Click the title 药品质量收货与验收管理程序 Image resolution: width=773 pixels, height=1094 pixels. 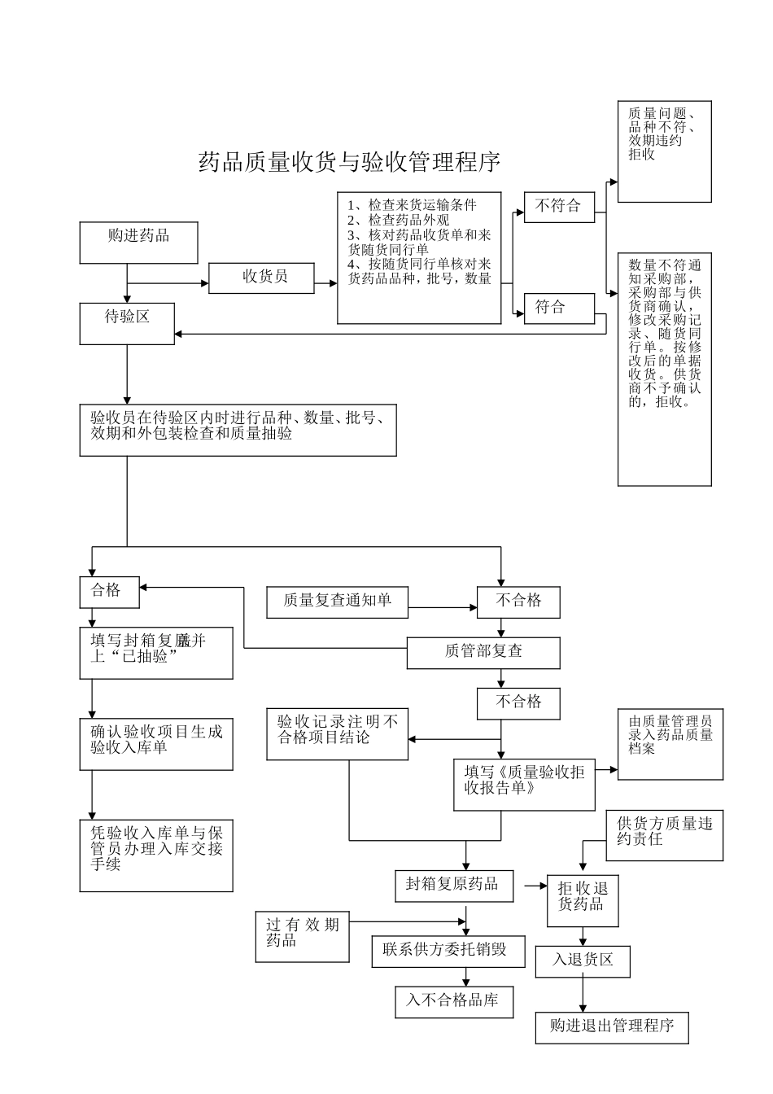(x=349, y=162)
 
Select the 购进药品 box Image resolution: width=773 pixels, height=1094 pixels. (x=138, y=243)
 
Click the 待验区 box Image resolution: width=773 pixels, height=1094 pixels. (x=127, y=323)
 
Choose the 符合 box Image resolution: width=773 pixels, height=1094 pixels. (x=559, y=308)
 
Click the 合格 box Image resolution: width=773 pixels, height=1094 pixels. (x=109, y=592)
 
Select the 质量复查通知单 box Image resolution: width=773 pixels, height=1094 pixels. (x=337, y=602)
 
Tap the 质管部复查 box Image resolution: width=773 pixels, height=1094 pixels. (x=483, y=652)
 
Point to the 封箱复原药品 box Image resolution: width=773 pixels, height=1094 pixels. (x=453, y=885)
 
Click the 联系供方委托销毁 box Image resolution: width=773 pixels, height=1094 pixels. (x=448, y=951)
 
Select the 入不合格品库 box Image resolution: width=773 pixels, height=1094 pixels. (x=453, y=1001)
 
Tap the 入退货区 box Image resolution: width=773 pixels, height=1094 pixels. (x=583, y=961)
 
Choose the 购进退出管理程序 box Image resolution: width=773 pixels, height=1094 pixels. (x=612, y=1027)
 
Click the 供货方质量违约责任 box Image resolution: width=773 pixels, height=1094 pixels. (x=664, y=835)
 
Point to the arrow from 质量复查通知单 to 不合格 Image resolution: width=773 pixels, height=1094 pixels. (x=443, y=607)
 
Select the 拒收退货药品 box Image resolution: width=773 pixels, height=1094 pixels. (x=583, y=899)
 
